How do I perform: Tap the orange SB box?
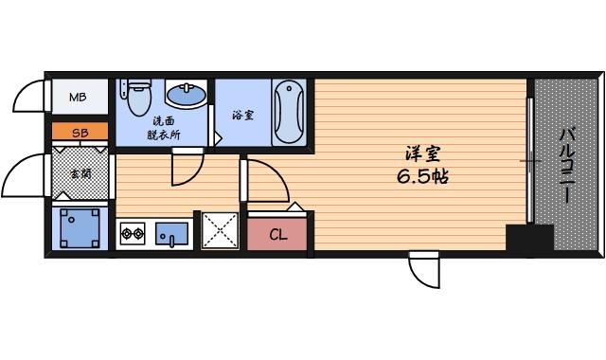pyautogui.click(x=80, y=134)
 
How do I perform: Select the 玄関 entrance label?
pyautogui.click(x=80, y=174)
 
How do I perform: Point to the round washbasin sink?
pyautogui.click(x=185, y=95)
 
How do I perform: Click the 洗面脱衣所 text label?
pyautogui.click(x=165, y=128)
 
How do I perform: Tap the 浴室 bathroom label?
pyautogui.click(x=242, y=116)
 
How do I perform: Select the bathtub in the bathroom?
pyautogui.click(x=288, y=112)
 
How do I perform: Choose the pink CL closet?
pyautogui.click(x=277, y=234)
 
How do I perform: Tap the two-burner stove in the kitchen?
pyautogui.click(x=133, y=231)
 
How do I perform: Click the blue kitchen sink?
pyautogui.click(x=171, y=231)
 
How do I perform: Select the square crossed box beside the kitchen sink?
pyautogui.click(x=220, y=230)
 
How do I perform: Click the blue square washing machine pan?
pyautogui.click(x=80, y=228)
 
